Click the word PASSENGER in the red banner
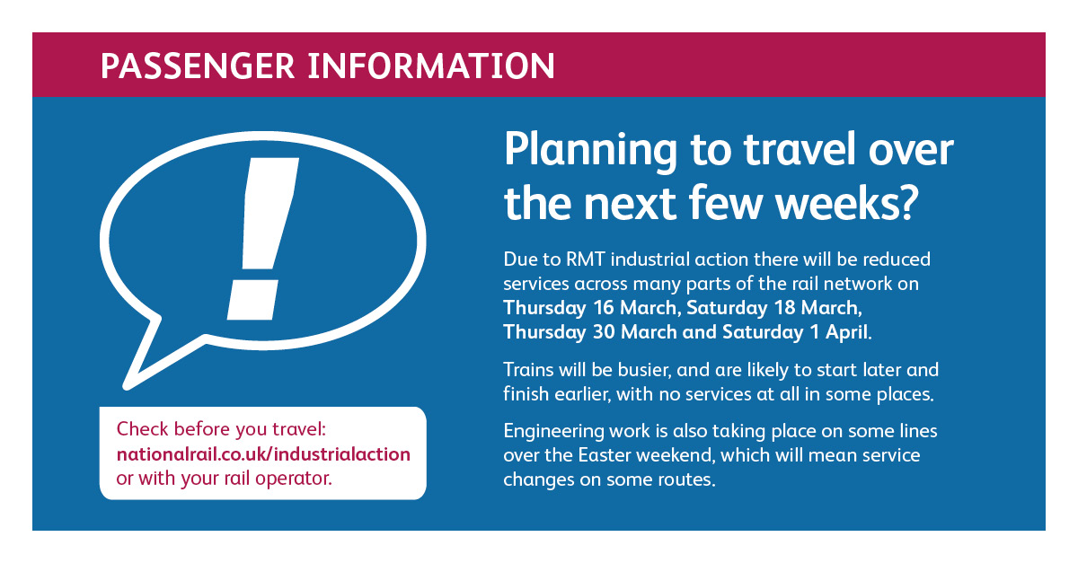coord(198,66)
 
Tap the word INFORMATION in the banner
coord(431,66)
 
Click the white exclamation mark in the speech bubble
coord(262,239)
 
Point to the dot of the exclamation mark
coord(252,300)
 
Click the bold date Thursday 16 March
coord(591,308)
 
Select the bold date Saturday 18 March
coord(773,308)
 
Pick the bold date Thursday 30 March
coord(589,332)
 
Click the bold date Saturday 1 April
coord(797,332)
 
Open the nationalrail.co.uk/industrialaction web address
coord(263,454)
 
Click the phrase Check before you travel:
coord(221,429)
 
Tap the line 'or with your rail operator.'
coord(225,479)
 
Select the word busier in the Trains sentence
coord(644,370)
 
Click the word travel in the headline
coord(800,150)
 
